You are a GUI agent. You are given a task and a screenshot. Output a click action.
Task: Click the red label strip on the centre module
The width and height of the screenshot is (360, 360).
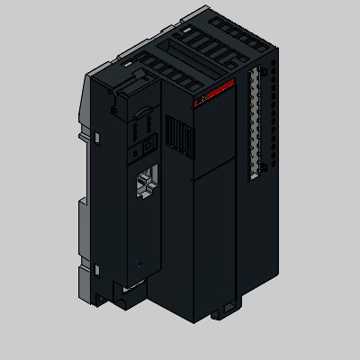213,93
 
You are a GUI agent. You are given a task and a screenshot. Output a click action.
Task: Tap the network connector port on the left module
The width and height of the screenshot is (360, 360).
145,185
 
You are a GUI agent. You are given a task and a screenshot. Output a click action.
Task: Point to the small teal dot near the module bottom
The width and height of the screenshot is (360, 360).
138,265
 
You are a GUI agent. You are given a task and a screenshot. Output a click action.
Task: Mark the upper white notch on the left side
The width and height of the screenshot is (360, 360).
93,136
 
